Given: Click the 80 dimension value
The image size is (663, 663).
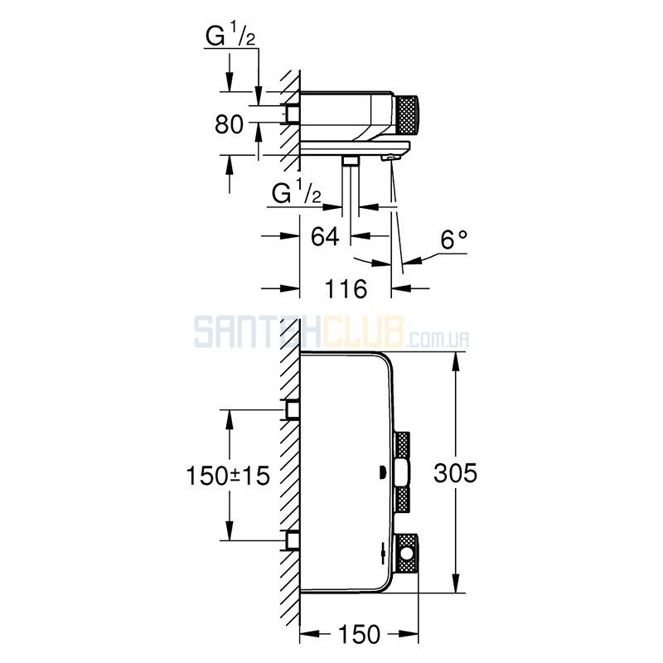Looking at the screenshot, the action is pyautogui.click(x=229, y=124).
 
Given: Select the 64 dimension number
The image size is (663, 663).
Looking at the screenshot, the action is pyautogui.click(x=325, y=236).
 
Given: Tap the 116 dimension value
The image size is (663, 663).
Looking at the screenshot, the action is pyautogui.click(x=346, y=289).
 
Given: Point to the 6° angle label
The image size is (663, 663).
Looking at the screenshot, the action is pyautogui.click(x=453, y=240).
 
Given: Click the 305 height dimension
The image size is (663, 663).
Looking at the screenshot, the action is pyautogui.click(x=455, y=472).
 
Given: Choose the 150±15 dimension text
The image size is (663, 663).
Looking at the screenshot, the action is pyautogui.click(x=228, y=475).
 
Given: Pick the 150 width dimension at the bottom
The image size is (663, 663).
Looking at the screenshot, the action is pyautogui.click(x=359, y=634).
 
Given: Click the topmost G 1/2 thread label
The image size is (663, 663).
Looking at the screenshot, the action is pyautogui.click(x=230, y=36).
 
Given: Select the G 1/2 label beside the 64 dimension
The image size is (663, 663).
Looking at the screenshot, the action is pyautogui.click(x=296, y=193).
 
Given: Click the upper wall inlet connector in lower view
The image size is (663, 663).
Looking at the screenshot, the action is pyautogui.click(x=292, y=409).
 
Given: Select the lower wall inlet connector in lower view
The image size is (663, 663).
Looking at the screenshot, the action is pyautogui.click(x=292, y=540).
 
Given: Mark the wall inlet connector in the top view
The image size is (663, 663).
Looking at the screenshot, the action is pyautogui.click(x=292, y=114).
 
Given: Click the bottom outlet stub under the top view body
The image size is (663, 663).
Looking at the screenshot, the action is pyautogui.click(x=350, y=160).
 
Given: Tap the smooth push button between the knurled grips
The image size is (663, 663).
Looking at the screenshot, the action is pyautogui.click(x=401, y=473).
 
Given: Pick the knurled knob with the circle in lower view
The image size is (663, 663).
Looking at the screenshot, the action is pyautogui.click(x=406, y=554).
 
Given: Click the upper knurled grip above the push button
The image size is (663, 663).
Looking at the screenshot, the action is pyautogui.click(x=402, y=445).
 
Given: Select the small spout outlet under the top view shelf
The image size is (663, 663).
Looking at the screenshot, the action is pyautogui.click(x=390, y=157).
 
